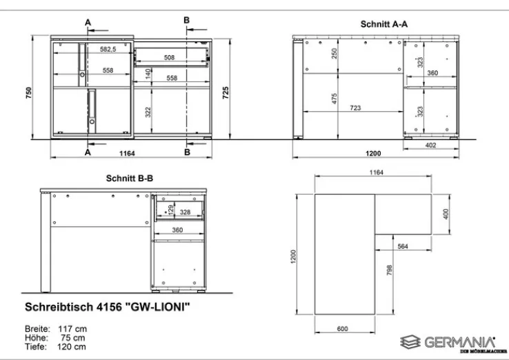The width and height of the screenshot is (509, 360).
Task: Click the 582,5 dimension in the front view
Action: coord(108,50)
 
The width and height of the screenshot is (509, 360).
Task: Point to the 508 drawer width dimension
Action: coord(169,57)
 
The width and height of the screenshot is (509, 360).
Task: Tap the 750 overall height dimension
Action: coord(28,92)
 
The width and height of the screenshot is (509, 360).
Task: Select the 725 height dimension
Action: coord(226,92)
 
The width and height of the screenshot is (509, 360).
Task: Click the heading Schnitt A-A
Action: coord(384,24)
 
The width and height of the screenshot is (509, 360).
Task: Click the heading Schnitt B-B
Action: coord(130,178)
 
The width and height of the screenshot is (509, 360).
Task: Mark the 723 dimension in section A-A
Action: coord(355,108)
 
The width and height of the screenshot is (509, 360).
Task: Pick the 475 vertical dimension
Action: coord(335,99)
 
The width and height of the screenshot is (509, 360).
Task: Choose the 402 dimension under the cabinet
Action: coord(430,145)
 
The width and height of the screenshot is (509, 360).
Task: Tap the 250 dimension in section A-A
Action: coord(335,54)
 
